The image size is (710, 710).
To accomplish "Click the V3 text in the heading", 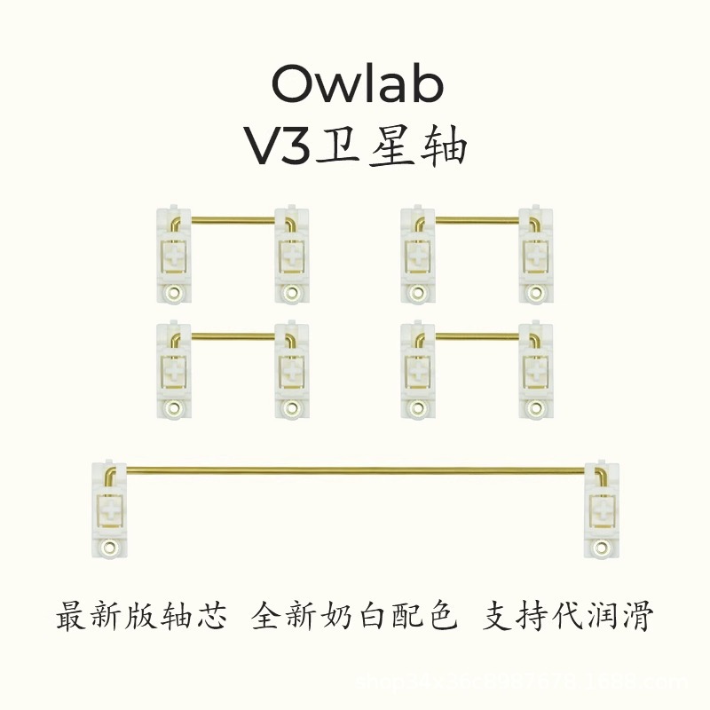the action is pos(279,147).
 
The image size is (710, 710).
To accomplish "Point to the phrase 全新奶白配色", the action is pos(355,616).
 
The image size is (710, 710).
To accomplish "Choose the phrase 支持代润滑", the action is pos(567,616).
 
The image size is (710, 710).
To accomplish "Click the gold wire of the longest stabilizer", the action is pos(355,469).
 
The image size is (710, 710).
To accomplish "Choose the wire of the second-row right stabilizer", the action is pos(477,335).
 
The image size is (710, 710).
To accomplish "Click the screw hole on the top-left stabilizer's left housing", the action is pos(174,290).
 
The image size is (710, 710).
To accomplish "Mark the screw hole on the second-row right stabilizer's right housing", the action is pos(537,406).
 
